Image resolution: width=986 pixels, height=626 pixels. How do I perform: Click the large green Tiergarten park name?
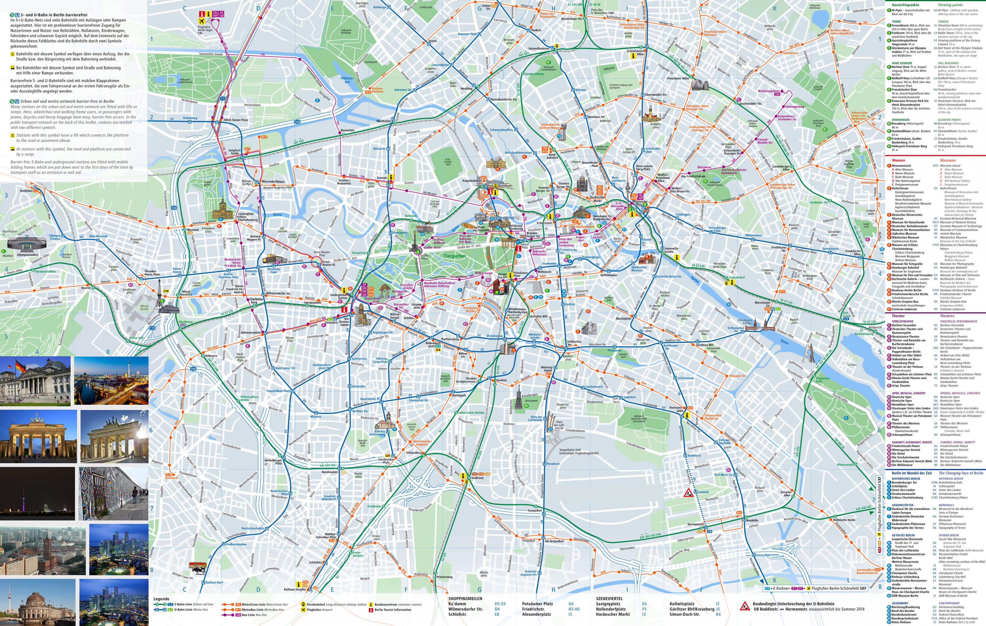454,256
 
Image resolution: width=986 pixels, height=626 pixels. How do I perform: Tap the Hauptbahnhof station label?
472,181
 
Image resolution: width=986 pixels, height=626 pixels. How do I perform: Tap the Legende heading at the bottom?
161,599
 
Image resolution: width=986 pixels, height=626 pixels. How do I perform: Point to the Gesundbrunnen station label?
539,48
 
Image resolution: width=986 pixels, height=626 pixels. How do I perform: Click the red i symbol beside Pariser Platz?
518,248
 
